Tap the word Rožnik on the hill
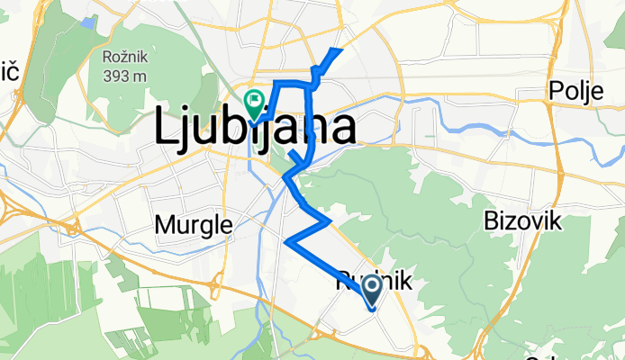point(124,57)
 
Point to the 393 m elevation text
point(124,76)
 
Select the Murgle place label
point(194,223)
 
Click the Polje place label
point(575,91)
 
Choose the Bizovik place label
point(521,220)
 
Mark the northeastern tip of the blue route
point(340,49)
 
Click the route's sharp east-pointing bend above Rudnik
point(331,219)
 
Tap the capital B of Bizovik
point(492,220)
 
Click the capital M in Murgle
point(165,223)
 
